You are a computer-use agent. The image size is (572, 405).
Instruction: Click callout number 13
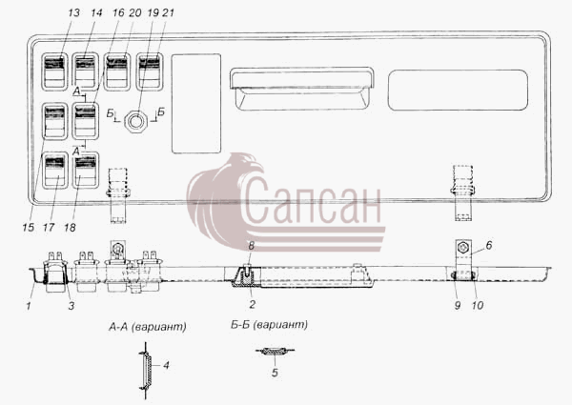73,12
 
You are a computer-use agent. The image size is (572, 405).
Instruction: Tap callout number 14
96,12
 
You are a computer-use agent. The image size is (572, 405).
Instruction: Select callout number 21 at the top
168,12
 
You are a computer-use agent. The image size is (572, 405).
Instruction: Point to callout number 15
28,228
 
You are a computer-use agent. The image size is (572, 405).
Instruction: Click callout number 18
70,228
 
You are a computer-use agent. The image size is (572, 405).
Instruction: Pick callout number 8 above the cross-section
251,246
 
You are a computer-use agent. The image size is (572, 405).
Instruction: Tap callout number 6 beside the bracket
489,245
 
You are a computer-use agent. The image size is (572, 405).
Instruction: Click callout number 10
478,305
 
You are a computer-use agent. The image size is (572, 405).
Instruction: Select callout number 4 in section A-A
166,365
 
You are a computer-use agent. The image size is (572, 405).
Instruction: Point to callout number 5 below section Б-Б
275,373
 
